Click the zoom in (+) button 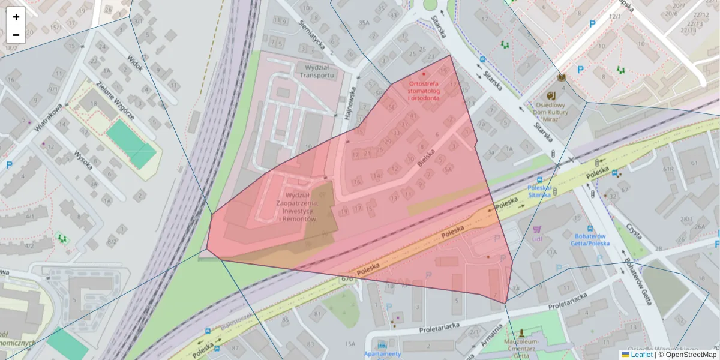tap(16, 16)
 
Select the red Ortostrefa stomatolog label tap(424, 91)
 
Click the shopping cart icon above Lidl tap(536, 229)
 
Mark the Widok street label tap(135, 62)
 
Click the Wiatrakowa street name tap(49, 118)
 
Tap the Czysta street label tap(633, 232)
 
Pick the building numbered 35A tap(364, 23)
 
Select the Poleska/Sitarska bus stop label tap(539, 191)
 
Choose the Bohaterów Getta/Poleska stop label tap(592, 239)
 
